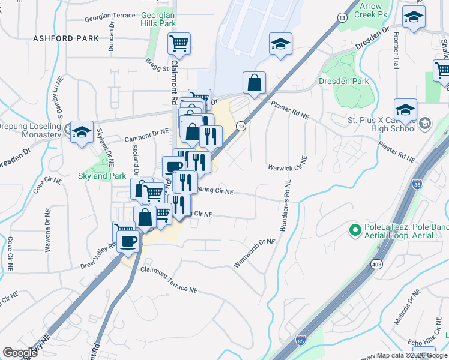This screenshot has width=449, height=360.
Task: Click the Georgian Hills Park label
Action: pos(158,19)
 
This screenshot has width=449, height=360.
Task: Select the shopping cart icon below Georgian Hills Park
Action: pos(179,44)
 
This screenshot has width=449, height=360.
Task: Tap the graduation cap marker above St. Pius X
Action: pos(406,110)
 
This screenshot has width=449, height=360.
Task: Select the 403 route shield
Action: pos(377,264)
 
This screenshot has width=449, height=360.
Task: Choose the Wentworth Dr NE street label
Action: pos(253,253)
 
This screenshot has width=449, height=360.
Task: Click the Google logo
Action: pos(20,353)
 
